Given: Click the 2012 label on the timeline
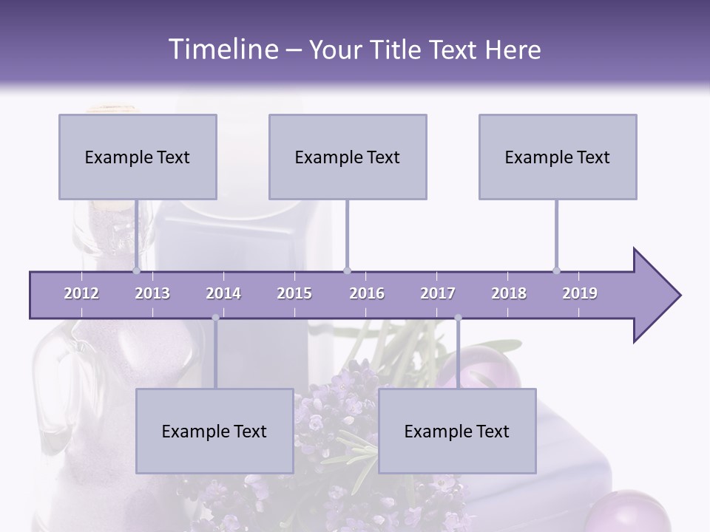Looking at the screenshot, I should (x=81, y=293).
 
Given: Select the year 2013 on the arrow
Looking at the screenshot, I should (x=152, y=293).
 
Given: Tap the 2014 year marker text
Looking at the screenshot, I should (x=223, y=293).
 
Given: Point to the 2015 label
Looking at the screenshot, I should (x=294, y=293).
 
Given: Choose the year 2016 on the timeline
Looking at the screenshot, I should (x=367, y=293).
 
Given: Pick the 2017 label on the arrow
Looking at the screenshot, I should (x=438, y=293).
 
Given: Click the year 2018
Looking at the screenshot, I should (x=509, y=293).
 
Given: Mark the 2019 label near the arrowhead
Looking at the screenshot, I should (x=580, y=293).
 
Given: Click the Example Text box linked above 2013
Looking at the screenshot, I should (x=138, y=157).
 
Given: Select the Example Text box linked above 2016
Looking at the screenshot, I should (x=348, y=157).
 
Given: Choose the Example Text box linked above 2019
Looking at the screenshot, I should (x=558, y=157).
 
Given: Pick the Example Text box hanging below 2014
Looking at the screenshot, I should (x=214, y=431).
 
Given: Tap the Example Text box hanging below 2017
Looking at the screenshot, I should (x=457, y=431).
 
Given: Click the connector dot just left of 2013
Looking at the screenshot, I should (x=136, y=270).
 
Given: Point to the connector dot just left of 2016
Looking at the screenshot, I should (x=348, y=270).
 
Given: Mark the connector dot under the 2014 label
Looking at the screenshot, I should (x=215, y=318).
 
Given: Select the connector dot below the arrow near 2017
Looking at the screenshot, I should (x=458, y=318).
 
